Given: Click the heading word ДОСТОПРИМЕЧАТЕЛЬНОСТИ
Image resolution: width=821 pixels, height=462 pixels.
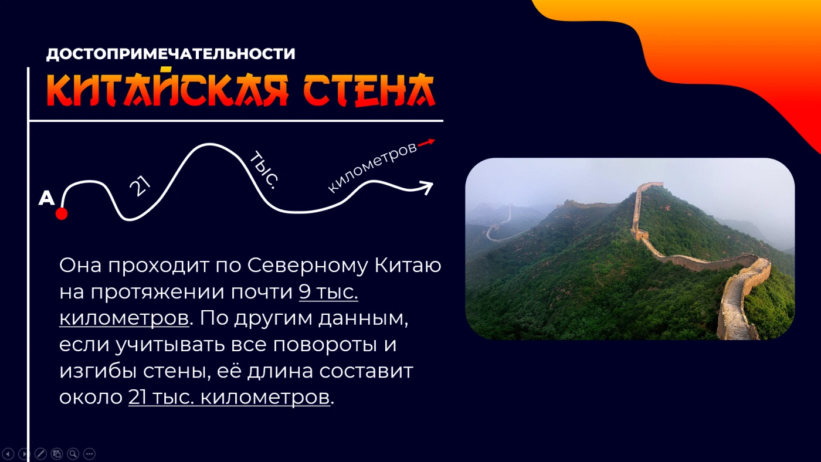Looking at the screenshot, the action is click(171, 54).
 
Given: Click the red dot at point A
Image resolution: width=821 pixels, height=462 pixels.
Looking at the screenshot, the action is click(62, 213).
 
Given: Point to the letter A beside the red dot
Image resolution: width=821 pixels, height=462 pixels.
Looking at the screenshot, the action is click(46, 198).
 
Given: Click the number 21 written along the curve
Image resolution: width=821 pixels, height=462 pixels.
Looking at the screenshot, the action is click(140, 186).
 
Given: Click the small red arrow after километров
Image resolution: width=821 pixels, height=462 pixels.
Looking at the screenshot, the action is click(426, 143).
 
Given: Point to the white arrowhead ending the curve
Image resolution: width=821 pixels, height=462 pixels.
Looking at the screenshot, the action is click(427, 187).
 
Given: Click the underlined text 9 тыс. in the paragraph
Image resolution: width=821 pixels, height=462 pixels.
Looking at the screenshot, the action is click(328, 292).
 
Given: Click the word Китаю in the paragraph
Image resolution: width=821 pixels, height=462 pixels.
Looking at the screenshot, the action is click(408, 265).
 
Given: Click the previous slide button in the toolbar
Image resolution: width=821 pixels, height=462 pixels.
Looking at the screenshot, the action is click(8, 454).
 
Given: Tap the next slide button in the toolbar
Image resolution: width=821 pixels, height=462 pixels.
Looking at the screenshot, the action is click(24, 454).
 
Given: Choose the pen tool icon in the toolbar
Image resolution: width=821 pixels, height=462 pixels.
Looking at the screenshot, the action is click(40, 454).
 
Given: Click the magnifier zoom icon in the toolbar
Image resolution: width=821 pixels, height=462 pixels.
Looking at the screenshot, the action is click(73, 454).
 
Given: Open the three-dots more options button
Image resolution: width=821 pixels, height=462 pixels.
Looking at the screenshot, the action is click(89, 454).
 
